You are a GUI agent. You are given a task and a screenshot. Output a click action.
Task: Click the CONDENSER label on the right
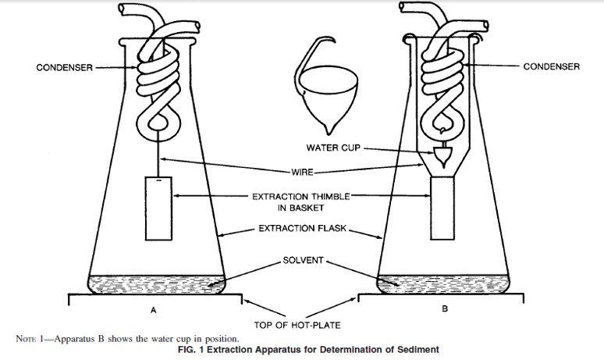[551, 67]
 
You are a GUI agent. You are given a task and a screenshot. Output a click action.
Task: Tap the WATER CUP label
[332, 148]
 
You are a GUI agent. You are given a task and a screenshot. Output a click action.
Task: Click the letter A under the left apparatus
[154, 310]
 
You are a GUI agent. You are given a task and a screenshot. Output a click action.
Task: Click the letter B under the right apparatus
[445, 310]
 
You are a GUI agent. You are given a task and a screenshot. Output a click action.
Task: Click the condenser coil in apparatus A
[160, 78]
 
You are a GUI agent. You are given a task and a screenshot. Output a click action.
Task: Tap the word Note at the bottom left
[26, 338]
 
